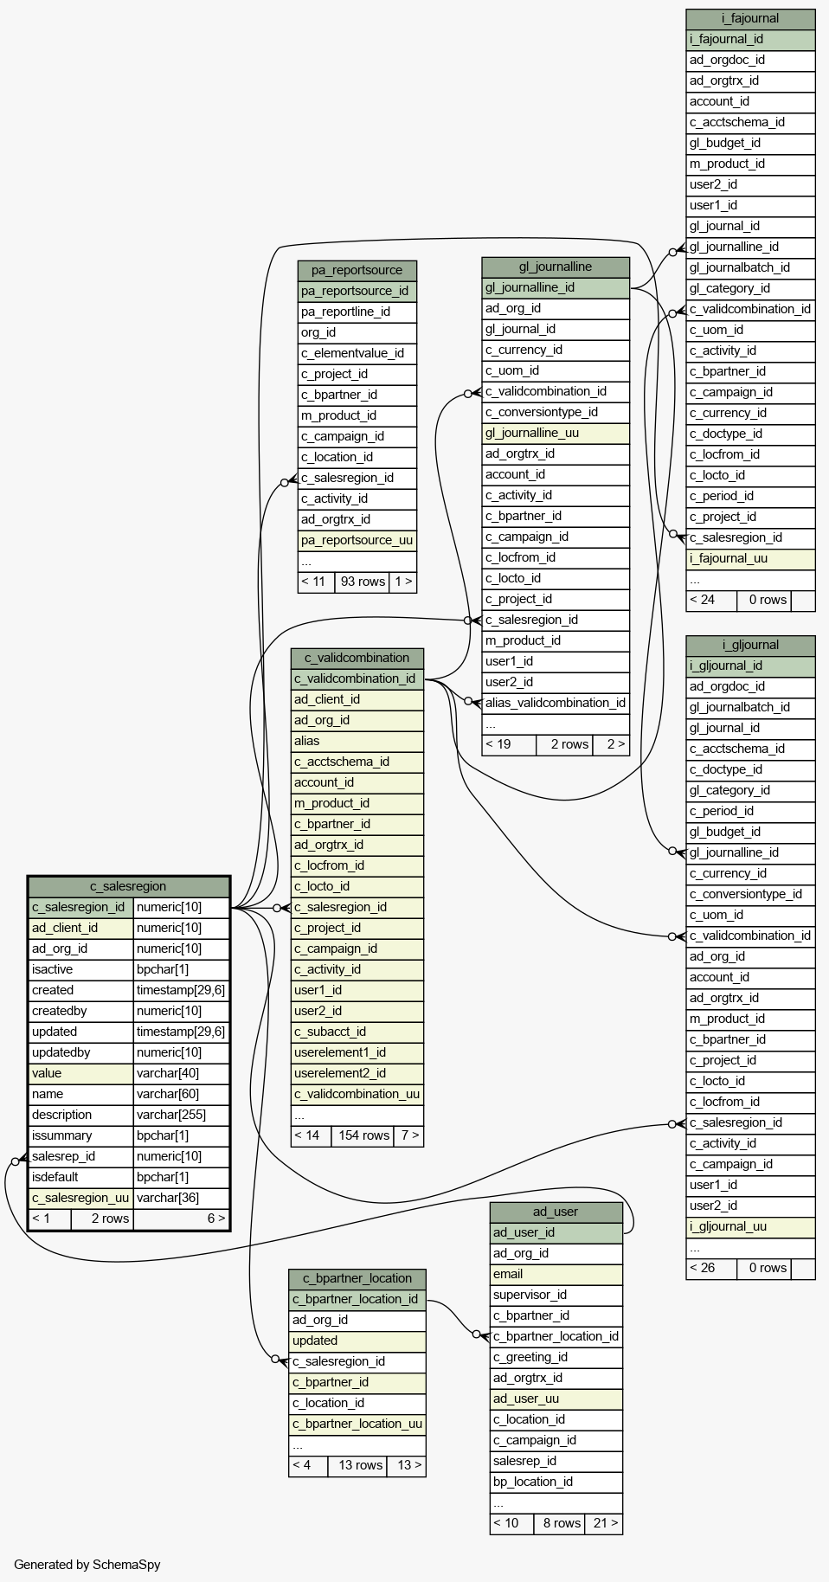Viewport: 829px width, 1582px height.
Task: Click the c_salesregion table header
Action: click(x=128, y=886)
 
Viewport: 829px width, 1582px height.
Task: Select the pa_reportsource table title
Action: click(x=357, y=270)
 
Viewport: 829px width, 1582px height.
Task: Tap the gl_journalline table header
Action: click(x=556, y=267)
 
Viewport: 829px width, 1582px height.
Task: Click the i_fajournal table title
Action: click(x=750, y=18)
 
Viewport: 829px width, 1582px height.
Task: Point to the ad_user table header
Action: click(x=556, y=1212)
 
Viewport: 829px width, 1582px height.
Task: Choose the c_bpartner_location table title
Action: click(x=357, y=1278)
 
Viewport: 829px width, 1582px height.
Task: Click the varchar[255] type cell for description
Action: click(x=182, y=1115)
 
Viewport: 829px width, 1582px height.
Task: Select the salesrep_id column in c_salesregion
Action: click(x=81, y=1156)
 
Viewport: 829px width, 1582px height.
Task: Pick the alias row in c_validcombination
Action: click(x=357, y=741)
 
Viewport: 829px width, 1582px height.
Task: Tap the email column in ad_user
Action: click(x=556, y=1274)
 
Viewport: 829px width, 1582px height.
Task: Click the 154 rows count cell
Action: click(x=363, y=1135)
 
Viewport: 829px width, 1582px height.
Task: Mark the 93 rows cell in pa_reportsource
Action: click(x=363, y=582)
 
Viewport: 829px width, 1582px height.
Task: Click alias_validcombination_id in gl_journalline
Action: click(x=556, y=703)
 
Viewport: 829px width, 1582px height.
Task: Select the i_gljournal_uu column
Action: click(x=750, y=1226)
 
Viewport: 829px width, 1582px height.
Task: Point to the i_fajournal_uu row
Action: click(x=750, y=558)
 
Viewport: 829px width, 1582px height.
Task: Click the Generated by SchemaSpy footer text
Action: click(x=87, y=1564)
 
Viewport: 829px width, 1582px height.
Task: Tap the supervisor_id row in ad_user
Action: click(x=556, y=1295)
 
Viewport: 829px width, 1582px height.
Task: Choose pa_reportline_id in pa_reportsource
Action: click(x=357, y=312)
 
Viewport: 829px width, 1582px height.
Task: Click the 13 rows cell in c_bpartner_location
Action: click(x=360, y=1465)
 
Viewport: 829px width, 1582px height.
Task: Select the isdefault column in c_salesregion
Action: click(x=81, y=1177)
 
